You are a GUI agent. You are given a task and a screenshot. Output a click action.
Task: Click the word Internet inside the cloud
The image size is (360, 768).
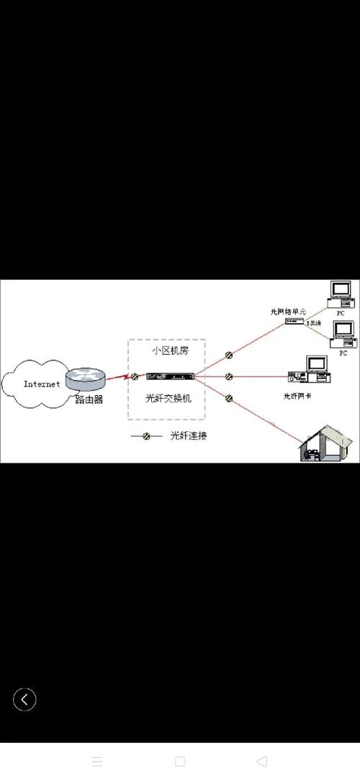(42, 384)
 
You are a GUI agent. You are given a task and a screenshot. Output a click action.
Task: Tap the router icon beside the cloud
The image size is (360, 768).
(86, 377)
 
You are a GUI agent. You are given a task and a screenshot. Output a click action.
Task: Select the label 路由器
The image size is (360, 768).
(89, 399)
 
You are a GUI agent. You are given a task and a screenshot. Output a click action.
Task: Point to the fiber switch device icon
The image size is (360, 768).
(170, 376)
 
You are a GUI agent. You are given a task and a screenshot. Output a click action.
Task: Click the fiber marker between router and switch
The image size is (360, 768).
(134, 376)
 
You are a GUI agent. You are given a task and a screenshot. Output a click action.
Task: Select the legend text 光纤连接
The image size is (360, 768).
(188, 436)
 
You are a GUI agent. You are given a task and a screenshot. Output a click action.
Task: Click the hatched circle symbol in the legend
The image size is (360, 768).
(145, 436)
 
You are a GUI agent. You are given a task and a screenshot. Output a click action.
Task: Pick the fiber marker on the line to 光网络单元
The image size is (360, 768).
(228, 354)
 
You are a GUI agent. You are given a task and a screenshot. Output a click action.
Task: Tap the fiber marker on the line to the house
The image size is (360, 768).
(228, 397)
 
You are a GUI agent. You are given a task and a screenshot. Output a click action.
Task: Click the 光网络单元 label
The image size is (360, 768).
(288, 311)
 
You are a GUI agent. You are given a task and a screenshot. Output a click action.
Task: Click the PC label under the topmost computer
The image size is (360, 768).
(341, 314)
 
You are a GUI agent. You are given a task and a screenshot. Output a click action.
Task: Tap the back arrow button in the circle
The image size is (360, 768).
(24, 699)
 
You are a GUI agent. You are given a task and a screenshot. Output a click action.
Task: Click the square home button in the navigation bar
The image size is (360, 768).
(180, 761)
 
